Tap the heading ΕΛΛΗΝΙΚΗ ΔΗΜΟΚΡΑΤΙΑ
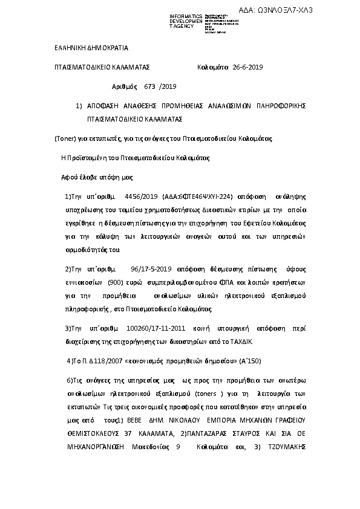[91, 47]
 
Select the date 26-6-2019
[247, 67]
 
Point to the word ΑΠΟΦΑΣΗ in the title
[106, 106]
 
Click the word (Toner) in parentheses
[65, 138]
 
